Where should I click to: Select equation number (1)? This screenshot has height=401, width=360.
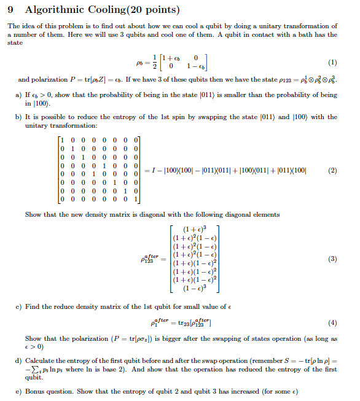333,62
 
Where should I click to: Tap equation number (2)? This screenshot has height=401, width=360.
333,170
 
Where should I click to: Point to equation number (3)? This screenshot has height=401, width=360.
333,259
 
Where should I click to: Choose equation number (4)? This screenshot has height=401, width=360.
333,321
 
